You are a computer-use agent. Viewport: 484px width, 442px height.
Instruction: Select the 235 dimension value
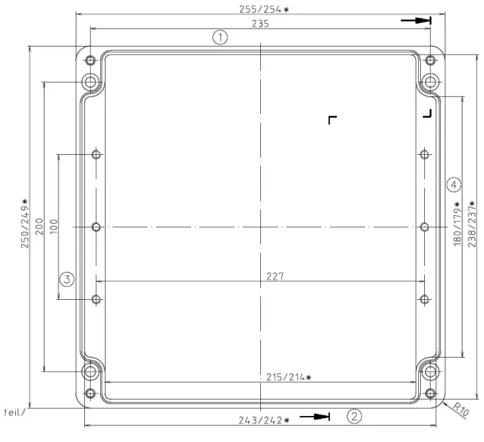click(x=260, y=24)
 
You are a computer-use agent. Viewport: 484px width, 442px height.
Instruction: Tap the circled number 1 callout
click(x=220, y=37)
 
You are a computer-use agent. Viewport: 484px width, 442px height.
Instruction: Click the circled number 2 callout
click(x=355, y=417)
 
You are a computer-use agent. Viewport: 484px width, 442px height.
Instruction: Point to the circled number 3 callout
click(x=66, y=279)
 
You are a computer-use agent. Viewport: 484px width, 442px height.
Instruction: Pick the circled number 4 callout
click(x=453, y=183)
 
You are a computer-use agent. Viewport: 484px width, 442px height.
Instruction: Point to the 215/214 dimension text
click(x=285, y=378)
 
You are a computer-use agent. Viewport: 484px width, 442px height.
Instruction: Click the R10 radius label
click(x=460, y=409)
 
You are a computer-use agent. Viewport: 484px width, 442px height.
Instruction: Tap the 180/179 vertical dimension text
click(x=457, y=224)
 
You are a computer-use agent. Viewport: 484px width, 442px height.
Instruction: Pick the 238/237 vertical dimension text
click(x=472, y=224)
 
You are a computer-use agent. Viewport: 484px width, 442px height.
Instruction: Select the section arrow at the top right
click(x=417, y=21)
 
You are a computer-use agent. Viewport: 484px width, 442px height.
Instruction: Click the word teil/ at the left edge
click(x=15, y=411)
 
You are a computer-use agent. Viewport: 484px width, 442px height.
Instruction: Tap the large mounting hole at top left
click(x=90, y=82)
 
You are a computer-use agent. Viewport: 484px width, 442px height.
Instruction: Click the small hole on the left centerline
click(x=96, y=227)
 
